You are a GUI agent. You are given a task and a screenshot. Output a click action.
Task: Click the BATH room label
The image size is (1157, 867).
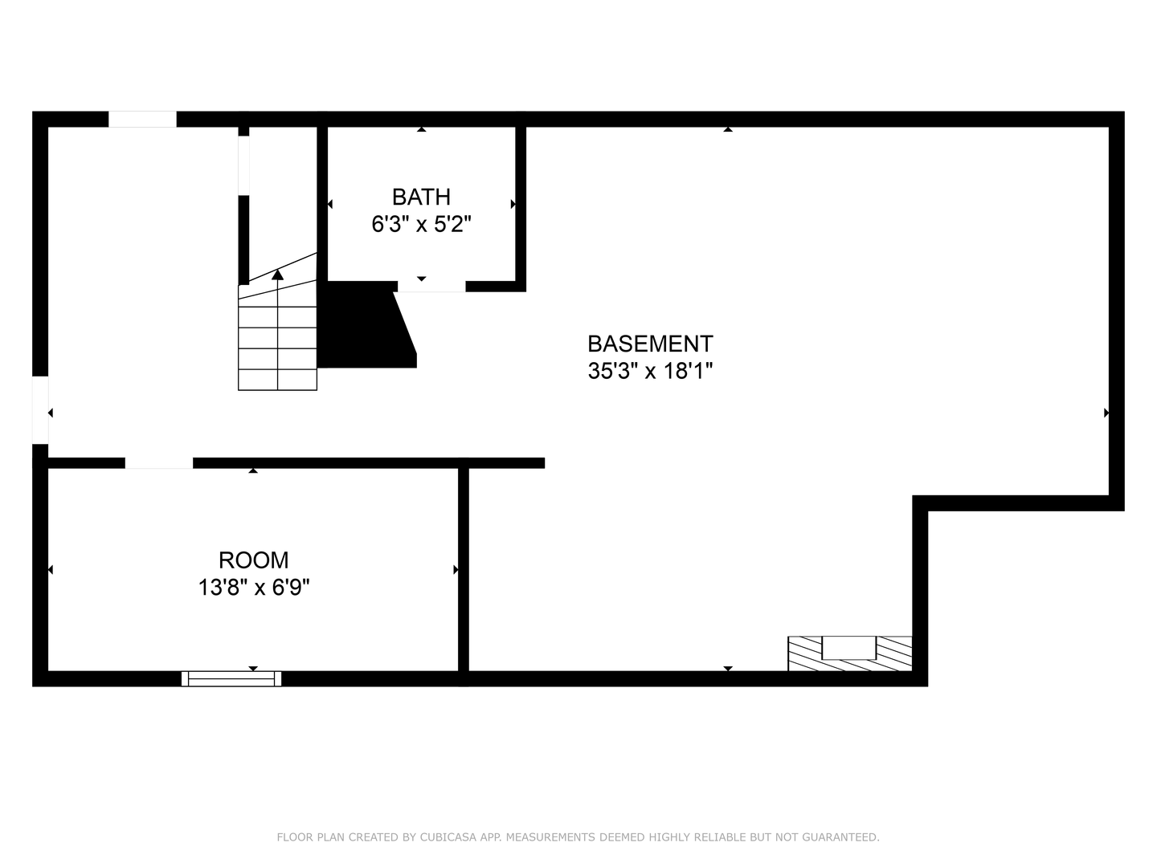tap(421, 197)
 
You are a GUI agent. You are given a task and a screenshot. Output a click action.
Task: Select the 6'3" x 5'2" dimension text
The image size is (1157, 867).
tap(421, 224)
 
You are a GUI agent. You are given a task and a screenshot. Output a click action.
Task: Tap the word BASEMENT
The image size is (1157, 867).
tap(650, 344)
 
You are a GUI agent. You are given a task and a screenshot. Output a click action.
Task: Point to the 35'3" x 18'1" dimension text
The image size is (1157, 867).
tap(650, 371)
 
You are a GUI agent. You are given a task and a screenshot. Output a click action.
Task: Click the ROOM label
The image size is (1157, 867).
tap(253, 560)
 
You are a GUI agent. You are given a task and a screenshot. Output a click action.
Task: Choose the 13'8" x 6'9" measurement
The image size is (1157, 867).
tap(253, 588)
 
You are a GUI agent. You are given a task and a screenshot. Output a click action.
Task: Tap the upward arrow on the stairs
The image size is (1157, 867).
tap(277, 275)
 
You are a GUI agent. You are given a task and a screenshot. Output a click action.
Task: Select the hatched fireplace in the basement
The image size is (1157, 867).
tap(850, 653)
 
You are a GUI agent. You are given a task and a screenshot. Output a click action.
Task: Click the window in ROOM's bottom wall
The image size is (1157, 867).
tap(231, 678)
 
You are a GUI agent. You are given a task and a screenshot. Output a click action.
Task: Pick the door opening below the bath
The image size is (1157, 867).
tap(431, 287)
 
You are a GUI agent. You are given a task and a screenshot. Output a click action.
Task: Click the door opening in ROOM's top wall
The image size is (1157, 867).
tap(158, 463)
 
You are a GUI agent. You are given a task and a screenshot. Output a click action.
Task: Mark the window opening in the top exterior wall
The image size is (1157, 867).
tap(142, 119)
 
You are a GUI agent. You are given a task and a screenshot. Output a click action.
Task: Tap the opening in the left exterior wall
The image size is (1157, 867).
tap(40, 409)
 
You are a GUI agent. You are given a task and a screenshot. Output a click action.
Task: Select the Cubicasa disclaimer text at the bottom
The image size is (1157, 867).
tap(578, 837)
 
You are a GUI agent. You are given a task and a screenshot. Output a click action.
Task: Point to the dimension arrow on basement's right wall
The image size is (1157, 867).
tap(1106, 413)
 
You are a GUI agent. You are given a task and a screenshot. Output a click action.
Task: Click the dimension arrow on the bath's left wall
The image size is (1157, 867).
tap(330, 205)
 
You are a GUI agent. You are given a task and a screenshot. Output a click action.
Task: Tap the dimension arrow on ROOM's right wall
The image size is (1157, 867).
tap(456, 570)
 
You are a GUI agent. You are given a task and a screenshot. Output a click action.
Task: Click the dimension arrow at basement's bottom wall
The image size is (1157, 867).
tap(728, 668)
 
